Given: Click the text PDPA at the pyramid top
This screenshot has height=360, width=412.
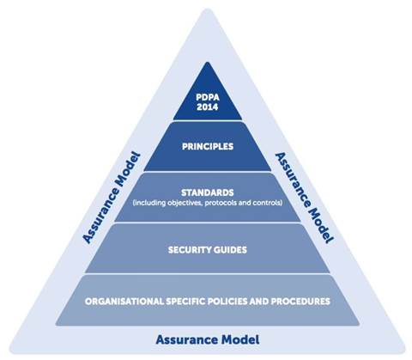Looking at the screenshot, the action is (208, 97).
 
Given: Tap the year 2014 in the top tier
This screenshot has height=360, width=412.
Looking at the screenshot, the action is (208, 107).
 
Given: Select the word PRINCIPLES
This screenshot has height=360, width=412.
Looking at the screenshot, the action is (208, 146).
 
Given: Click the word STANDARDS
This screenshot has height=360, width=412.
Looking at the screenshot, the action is (208, 192).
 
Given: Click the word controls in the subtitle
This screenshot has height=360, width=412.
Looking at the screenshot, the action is (267, 203).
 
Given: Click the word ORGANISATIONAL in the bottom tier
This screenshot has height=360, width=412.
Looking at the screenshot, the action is (124, 302).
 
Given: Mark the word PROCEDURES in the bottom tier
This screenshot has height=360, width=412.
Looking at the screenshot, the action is (300, 302).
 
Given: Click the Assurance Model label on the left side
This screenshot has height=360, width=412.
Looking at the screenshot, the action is (112, 198).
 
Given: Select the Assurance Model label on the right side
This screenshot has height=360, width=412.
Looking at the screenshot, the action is (304, 198).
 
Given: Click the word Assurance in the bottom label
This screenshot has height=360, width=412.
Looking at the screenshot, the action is (187, 339).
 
